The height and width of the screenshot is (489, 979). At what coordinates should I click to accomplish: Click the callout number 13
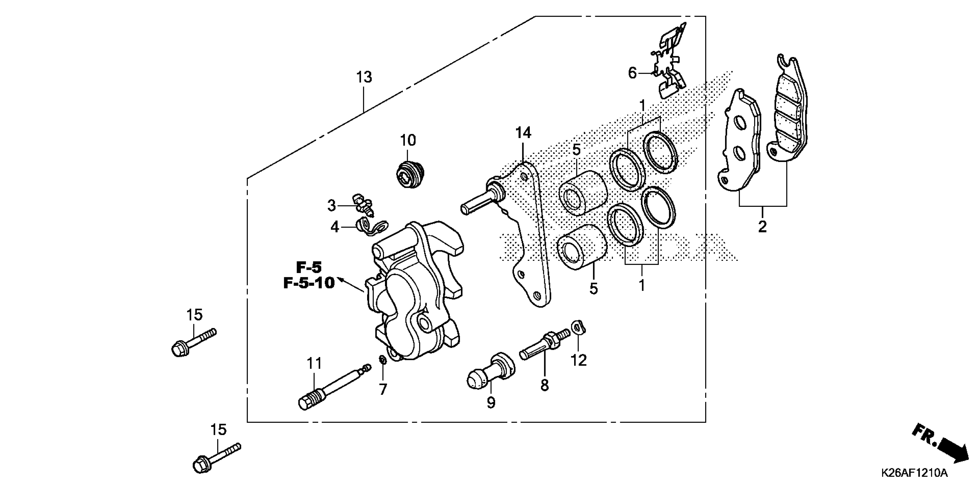[364, 77]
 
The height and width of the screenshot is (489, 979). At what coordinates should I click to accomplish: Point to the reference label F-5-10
[309, 283]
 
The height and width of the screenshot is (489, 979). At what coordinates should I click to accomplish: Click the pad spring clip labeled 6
[670, 61]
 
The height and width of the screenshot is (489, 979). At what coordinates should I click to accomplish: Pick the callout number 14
[523, 133]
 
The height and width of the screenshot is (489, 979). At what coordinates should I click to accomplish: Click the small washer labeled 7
[383, 359]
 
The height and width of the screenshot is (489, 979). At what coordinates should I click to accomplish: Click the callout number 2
[762, 227]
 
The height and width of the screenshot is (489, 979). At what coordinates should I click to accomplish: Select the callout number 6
[632, 73]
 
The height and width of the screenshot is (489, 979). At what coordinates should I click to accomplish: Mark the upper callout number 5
[576, 150]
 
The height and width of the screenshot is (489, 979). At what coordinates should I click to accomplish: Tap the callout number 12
[578, 360]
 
